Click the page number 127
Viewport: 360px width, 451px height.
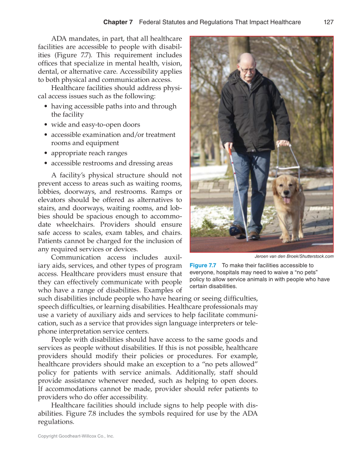click(x=329, y=22)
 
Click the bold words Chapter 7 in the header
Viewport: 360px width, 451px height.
click(x=118, y=22)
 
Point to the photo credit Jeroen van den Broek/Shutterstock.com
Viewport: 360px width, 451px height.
click(x=294, y=256)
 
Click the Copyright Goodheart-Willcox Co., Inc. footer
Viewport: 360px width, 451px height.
click(x=76, y=436)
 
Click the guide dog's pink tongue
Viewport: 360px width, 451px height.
click(x=287, y=199)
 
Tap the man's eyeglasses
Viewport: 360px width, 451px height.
click(x=246, y=70)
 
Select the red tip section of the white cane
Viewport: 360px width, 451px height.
click(x=231, y=152)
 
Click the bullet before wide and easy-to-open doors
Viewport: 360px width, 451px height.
click(x=47, y=125)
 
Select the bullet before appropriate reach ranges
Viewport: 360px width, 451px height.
click(x=47, y=153)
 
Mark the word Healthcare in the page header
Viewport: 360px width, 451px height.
click(x=284, y=22)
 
